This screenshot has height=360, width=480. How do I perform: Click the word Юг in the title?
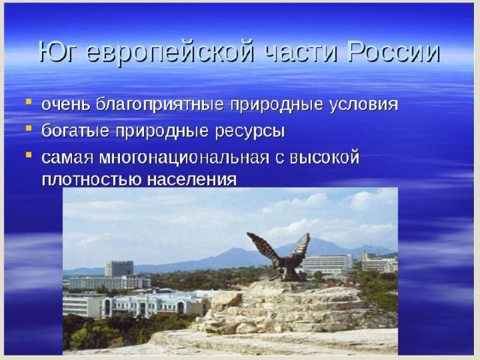(x=57, y=52)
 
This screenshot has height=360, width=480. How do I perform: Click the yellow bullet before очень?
(x=28, y=102)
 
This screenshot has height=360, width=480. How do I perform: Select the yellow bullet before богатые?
(x=28, y=127)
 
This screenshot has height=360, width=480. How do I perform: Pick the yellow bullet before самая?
(x=28, y=154)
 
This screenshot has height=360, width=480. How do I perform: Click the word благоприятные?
(x=159, y=105)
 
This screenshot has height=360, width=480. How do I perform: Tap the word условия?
(x=364, y=105)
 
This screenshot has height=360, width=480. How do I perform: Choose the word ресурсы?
(x=250, y=132)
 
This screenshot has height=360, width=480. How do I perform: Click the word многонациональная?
(x=184, y=158)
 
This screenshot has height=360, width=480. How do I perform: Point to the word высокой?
(x=324, y=157)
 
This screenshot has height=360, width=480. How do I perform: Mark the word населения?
(x=192, y=179)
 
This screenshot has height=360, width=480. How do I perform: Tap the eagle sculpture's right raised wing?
(x=299, y=247)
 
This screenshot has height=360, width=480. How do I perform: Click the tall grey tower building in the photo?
(x=119, y=268)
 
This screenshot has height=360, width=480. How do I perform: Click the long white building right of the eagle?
(x=327, y=264)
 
